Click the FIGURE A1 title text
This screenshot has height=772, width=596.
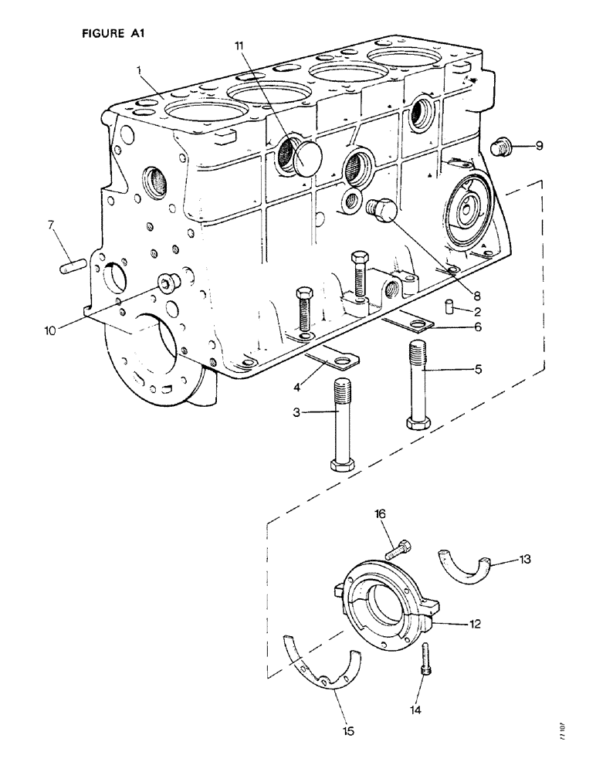click(113, 33)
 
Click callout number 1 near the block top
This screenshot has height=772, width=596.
click(139, 69)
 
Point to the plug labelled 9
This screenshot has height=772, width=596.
click(501, 145)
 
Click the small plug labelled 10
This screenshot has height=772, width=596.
click(167, 284)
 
